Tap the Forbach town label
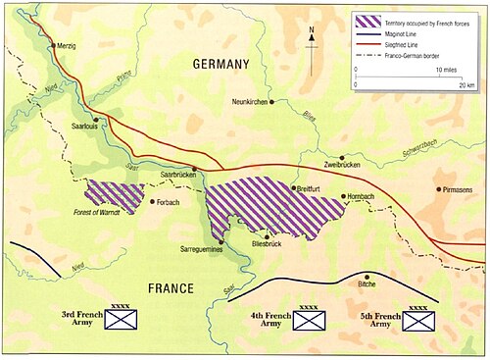(170, 202)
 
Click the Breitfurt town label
(313, 187)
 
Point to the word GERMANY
(221, 64)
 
